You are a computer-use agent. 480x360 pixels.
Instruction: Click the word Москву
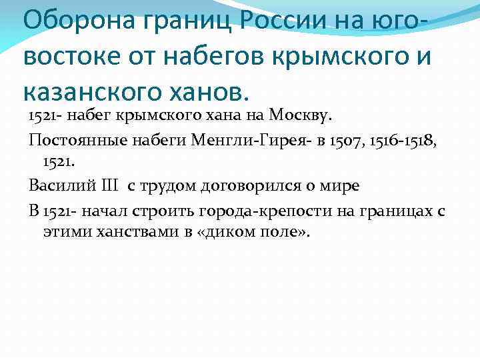point(300,118)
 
